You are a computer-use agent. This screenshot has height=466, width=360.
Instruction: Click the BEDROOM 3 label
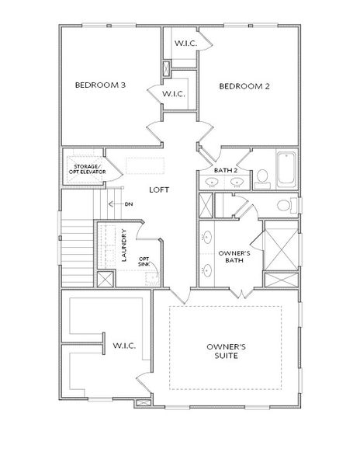(100, 85)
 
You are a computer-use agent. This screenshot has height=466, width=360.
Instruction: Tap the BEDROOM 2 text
(244, 85)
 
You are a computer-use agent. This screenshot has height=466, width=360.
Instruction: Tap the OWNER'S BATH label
(233, 256)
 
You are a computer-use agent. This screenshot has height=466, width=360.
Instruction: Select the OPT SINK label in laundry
(144, 262)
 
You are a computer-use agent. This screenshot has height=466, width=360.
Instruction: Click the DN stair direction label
(129, 204)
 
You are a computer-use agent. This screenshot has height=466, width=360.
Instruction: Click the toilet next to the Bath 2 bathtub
(262, 178)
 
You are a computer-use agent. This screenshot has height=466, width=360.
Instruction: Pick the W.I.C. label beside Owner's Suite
(124, 346)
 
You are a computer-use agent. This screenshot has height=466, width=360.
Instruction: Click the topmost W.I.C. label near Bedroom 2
(184, 43)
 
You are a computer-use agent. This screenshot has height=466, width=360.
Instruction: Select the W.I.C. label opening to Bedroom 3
(172, 94)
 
